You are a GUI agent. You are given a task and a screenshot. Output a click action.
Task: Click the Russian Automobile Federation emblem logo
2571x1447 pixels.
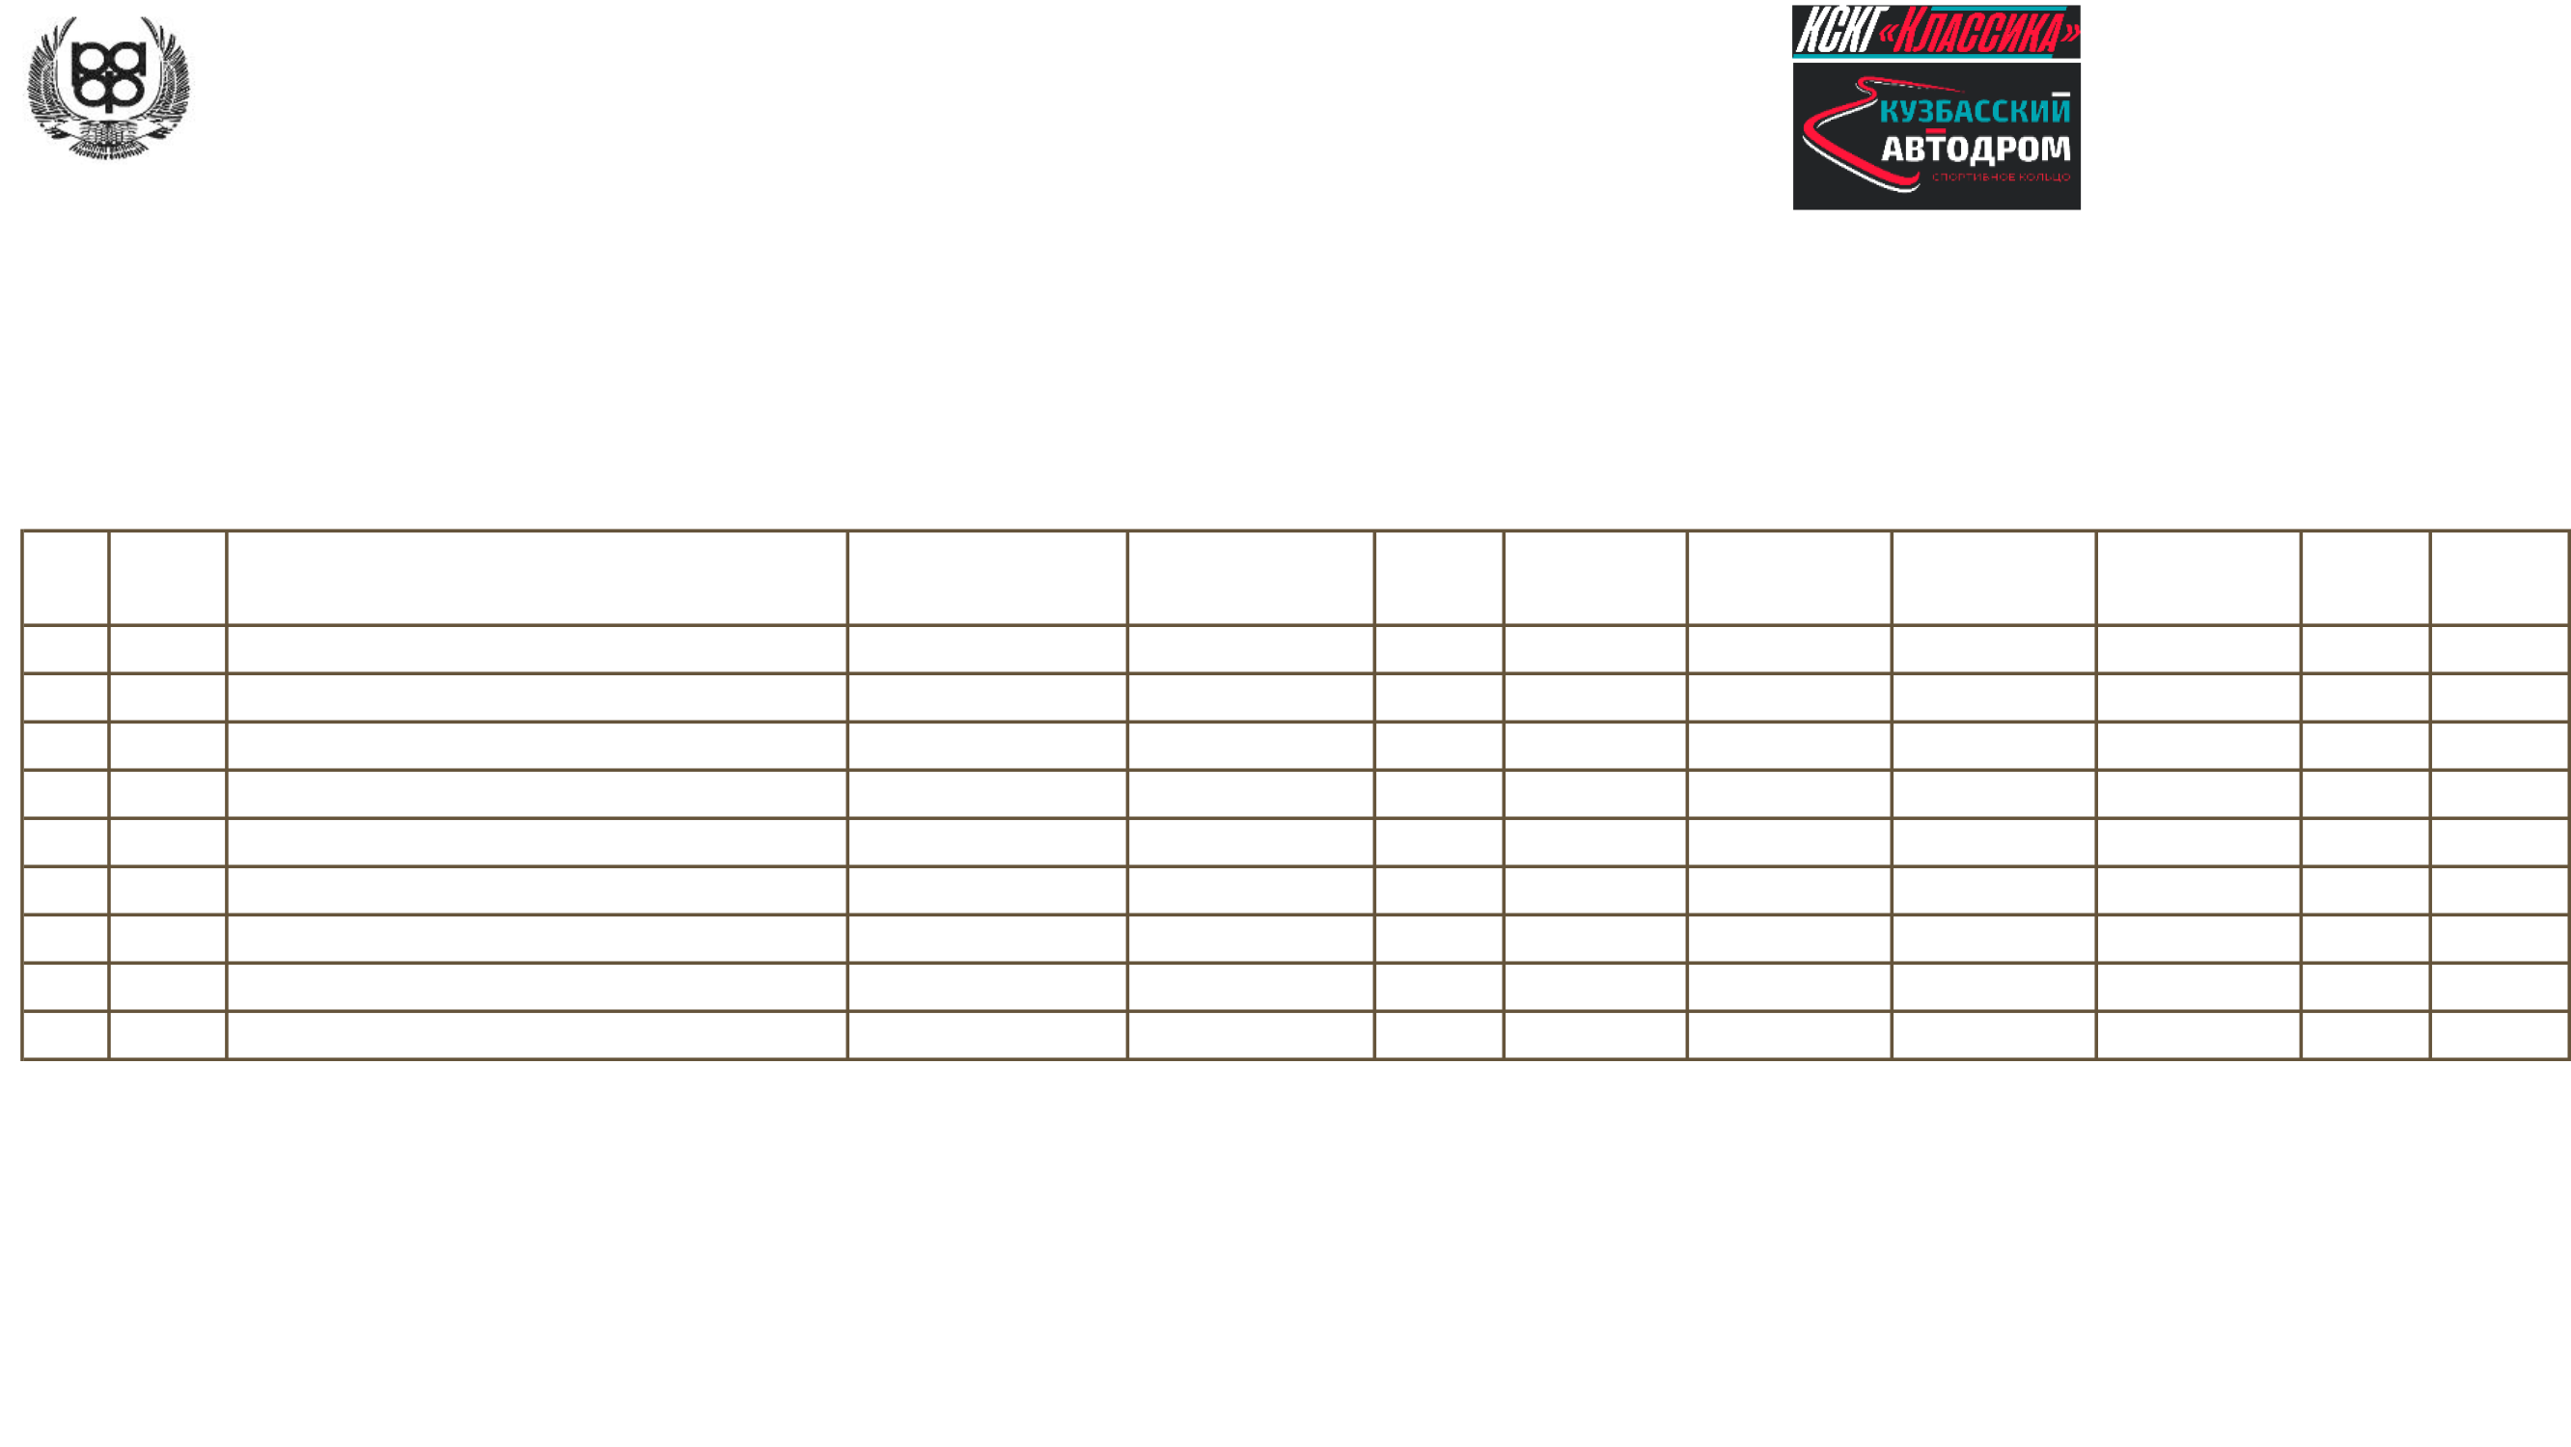pyautogui.click(x=109, y=85)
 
